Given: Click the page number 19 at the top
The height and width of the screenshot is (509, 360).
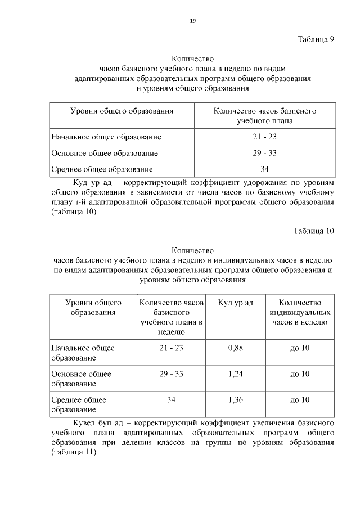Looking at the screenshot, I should [192, 21].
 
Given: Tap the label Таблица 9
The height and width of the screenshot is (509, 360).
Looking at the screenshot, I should [315, 39].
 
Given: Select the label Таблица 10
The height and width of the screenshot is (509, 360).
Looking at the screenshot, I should [313, 231].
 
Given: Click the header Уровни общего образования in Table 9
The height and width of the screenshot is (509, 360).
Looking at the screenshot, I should [121, 111].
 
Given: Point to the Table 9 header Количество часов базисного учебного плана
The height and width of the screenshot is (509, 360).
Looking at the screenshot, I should [264, 116].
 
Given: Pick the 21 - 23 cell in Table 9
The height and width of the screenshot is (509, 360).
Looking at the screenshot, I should [264, 137].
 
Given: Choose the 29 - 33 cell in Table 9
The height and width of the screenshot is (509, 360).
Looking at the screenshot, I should [264, 153].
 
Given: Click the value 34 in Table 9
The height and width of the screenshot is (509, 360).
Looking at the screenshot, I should [264, 169].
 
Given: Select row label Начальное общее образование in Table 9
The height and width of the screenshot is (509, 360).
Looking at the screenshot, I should [106, 137].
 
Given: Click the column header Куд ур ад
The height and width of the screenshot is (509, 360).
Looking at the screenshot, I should [235, 303].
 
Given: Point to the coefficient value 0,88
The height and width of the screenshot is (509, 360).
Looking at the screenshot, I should [235, 348].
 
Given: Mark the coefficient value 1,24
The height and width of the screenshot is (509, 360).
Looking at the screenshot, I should [235, 373].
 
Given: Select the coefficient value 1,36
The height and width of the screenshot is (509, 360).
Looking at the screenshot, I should [235, 399].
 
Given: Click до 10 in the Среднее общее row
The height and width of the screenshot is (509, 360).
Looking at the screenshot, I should [300, 399].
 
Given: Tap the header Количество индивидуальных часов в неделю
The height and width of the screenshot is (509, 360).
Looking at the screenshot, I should [300, 313].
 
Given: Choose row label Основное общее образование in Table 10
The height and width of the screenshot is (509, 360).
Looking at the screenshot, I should [82, 379].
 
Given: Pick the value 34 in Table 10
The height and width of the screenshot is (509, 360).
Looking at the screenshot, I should [171, 399].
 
